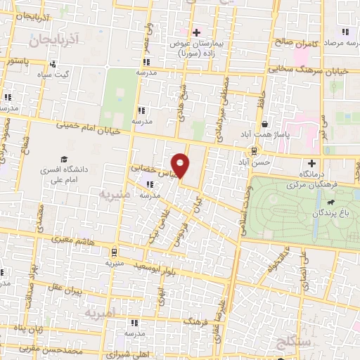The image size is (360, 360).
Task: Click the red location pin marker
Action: pos(181,165)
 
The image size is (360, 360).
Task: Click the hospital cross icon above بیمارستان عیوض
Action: pos(197,32)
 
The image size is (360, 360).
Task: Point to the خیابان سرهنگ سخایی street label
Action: pos(281,70)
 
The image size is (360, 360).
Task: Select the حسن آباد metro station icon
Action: pos(254,151)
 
